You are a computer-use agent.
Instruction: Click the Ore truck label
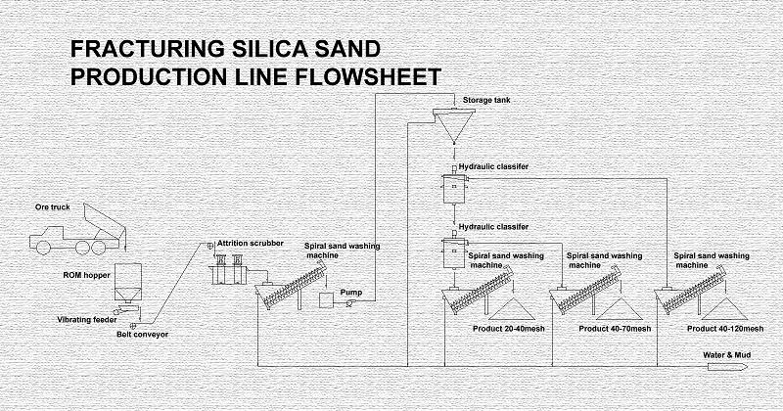click(x=53, y=207)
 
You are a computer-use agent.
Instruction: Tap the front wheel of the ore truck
click(x=43, y=248)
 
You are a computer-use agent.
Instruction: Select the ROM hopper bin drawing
click(x=128, y=282)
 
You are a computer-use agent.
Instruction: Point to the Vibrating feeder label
click(x=87, y=320)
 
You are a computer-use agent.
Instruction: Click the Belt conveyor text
click(x=142, y=334)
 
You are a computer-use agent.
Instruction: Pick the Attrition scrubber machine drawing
click(x=227, y=269)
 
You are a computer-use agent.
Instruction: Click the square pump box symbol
click(x=326, y=299)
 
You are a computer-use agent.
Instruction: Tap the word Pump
click(x=351, y=293)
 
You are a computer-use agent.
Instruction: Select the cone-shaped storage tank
click(x=453, y=125)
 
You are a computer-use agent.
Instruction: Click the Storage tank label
click(x=486, y=101)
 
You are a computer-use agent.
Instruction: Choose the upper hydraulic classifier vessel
click(x=454, y=189)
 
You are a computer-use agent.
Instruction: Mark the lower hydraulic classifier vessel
click(x=454, y=252)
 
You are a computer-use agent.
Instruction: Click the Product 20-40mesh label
click(x=508, y=329)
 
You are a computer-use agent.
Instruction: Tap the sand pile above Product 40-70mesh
click(x=620, y=309)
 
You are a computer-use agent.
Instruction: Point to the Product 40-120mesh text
click(x=725, y=329)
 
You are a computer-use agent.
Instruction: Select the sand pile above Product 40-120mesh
click(x=724, y=309)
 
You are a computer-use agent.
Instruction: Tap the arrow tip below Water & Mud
click(x=747, y=367)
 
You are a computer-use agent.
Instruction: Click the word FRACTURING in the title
click(x=148, y=49)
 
